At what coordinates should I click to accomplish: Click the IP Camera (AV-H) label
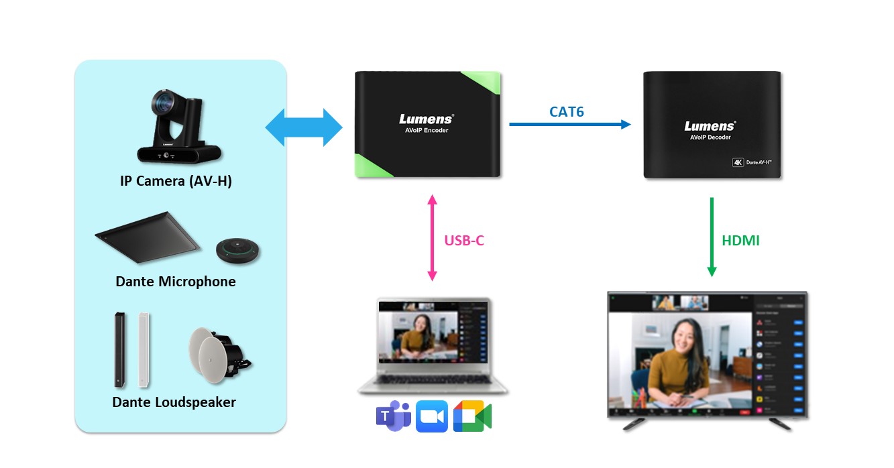point(176,180)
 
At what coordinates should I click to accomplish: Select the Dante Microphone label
point(176,281)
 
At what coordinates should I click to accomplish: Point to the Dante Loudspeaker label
point(174,402)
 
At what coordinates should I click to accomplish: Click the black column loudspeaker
point(120,349)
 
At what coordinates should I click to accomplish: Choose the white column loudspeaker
point(144,349)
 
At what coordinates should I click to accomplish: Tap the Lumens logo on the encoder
point(427,119)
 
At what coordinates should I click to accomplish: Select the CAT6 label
point(567,111)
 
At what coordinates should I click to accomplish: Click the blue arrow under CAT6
point(570,124)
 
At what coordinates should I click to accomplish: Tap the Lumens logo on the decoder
point(710,126)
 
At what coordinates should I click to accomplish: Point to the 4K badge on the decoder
point(738,162)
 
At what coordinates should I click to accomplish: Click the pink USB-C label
point(464,240)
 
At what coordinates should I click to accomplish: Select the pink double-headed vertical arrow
point(432,237)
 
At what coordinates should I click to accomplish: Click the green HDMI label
point(740,240)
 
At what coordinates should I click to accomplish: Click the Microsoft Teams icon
point(393,416)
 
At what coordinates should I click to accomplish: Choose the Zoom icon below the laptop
point(431,416)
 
